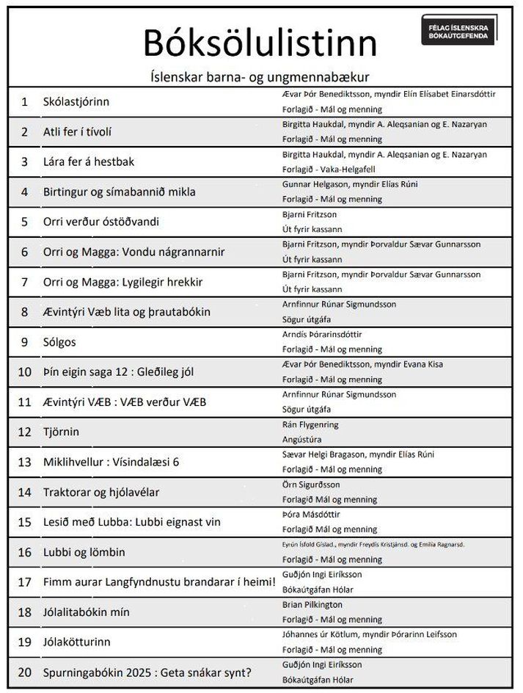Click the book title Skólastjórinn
[76, 102]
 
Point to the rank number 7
[24, 282]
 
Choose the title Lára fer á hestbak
[89, 162]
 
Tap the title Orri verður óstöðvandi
[101, 222]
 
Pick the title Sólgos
[59, 342]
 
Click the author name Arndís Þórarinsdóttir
[322, 335]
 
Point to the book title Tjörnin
[61, 432]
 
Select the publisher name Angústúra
[302, 439]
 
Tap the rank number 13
[24, 462]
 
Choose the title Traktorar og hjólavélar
[101, 492]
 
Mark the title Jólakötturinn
[77, 642]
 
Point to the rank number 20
[24, 672]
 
